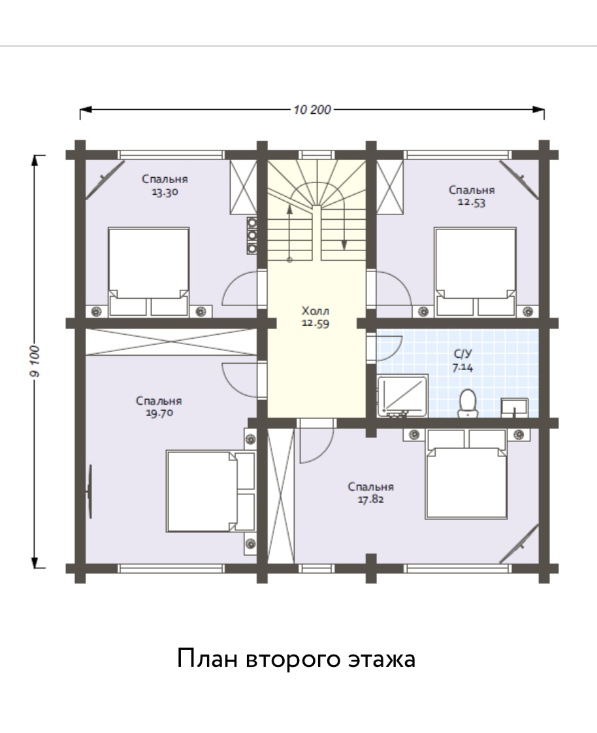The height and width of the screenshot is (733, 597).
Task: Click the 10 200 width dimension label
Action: (312, 110)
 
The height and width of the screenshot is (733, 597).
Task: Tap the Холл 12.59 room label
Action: (315, 317)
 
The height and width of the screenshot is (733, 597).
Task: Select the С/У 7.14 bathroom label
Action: (462, 360)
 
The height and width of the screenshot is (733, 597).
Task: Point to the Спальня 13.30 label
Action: (165, 185)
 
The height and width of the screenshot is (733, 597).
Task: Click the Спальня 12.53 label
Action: (472, 196)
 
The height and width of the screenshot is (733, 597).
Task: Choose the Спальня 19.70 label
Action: (159, 407)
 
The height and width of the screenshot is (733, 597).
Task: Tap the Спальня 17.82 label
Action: (371, 493)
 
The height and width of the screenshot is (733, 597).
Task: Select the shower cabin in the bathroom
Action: (402, 396)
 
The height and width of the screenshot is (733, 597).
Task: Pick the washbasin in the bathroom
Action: (515, 407)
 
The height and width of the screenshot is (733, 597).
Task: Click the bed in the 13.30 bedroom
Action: (148, 272)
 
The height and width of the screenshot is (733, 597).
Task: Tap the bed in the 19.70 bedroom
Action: (211, 491)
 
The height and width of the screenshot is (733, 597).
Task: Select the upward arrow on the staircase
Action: (289, 232)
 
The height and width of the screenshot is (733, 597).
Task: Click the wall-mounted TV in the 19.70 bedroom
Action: (89, 491)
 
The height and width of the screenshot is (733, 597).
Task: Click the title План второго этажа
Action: (296, 658)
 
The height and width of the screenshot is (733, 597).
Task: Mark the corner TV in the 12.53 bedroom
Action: (519, 180)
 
